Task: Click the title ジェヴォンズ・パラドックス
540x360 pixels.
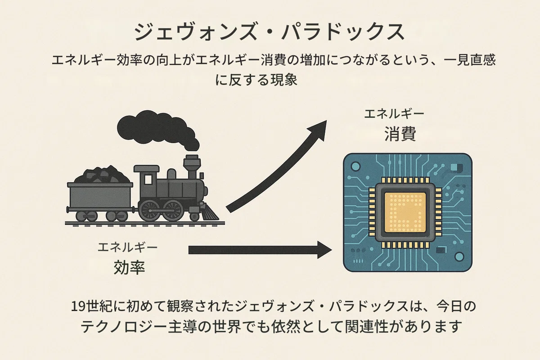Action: [x=269, y=32]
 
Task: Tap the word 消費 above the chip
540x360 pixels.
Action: [x=400, y=134]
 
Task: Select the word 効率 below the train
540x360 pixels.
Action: [x=129, y=267]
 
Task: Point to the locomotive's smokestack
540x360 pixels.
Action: [x=192, y=166]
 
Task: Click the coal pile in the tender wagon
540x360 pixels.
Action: [x=102, y=174]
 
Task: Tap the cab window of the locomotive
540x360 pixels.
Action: [x=148, y=180]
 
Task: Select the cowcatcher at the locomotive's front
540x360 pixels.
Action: [x=210, y=212]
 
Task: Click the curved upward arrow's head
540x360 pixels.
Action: [x=318, y=130]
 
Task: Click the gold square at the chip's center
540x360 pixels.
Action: [x=405, y=212]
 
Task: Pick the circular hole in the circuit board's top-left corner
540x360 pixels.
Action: [x=355, y=166]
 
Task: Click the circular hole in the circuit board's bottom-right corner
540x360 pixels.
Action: [x=459, y=256]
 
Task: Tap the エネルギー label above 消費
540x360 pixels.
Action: [x=394, y=114]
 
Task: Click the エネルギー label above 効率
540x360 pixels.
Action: [x=127, y=247]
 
